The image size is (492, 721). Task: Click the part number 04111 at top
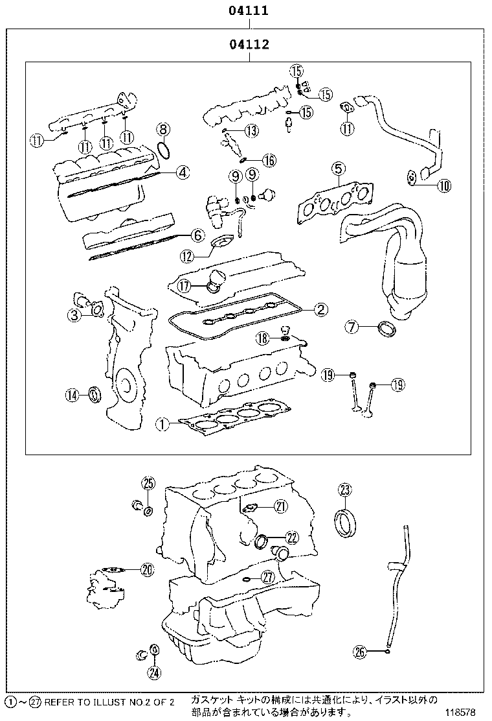pos(248,10)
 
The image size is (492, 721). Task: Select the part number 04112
pos(248,45)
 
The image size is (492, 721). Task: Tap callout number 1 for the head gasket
pos(163,425)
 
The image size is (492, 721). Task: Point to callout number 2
pos(320,310)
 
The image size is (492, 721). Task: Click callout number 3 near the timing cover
pos(75,315)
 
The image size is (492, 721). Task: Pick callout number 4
pos(183,172)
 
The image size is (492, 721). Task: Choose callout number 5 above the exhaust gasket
pos(338,169)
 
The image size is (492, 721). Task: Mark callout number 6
pos(198,236)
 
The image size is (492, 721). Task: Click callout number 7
pos(351,327)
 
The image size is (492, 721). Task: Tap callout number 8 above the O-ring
pos(163,129)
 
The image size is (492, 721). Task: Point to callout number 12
pos(187,256)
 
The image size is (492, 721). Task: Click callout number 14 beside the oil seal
pos(73,394)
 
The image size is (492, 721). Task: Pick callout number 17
pos(184,284)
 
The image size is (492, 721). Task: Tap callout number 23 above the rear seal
pos(344,490)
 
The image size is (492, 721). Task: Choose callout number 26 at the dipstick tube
pos(361,652)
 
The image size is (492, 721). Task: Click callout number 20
pos(147,570)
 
